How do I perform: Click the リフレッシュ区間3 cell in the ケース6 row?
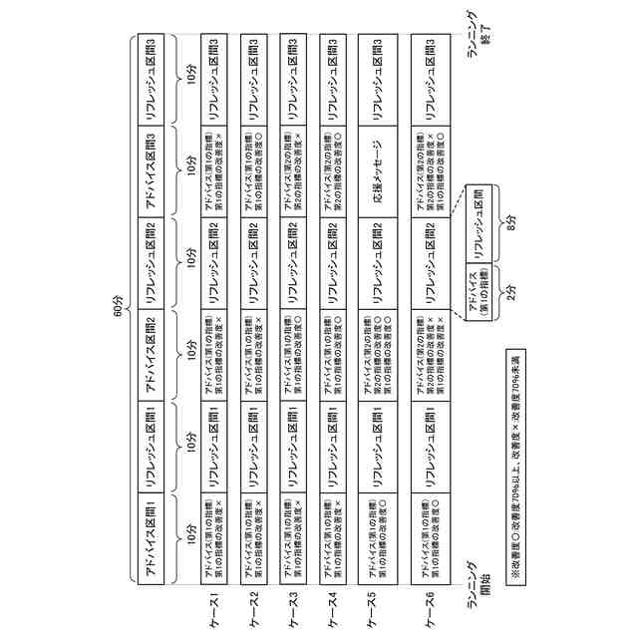click(x=431, y=77)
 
